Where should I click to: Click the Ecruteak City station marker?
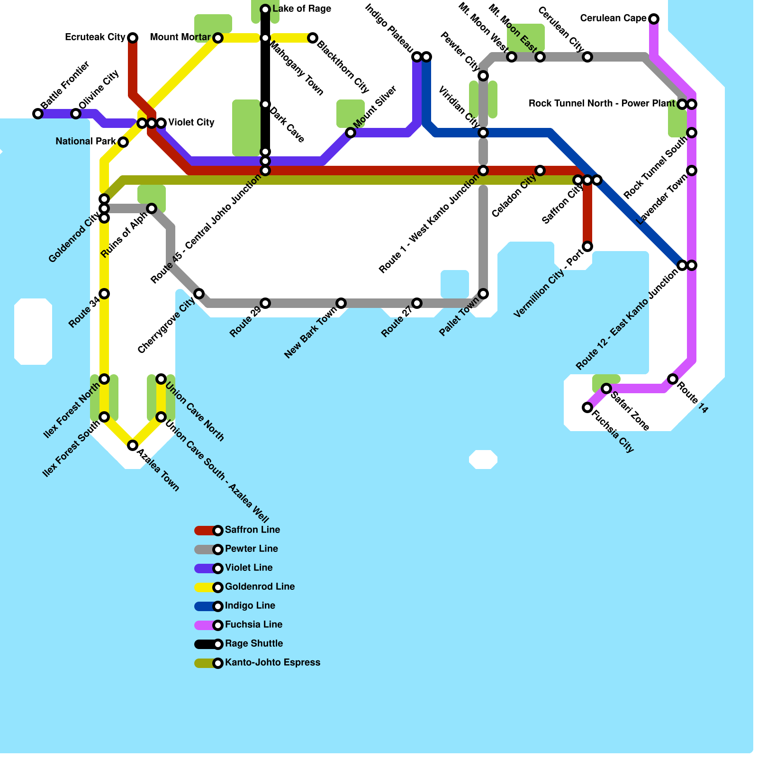click(133, 38)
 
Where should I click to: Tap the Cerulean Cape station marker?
click(654, 19)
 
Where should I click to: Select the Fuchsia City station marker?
click(587, 407)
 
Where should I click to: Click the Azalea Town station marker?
click(133, 445)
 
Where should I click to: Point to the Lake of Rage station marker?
click(265, 9)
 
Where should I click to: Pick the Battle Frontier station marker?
click(38, 114)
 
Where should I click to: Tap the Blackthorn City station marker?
click(313, 38)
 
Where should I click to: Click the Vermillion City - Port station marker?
click(587, 246)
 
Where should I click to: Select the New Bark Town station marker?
click(341, 303)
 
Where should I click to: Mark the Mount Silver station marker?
click(351, 133)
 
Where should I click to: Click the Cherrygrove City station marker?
click(199, 294)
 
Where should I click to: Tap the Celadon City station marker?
click(540, 171)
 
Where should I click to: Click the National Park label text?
click(86, 142)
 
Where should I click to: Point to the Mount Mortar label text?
click(180, 37)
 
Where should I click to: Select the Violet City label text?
click(191, 123)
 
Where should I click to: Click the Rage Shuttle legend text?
click(254, 644)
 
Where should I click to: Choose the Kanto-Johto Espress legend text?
click(272, 663)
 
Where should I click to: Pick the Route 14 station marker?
click(673, 379)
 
